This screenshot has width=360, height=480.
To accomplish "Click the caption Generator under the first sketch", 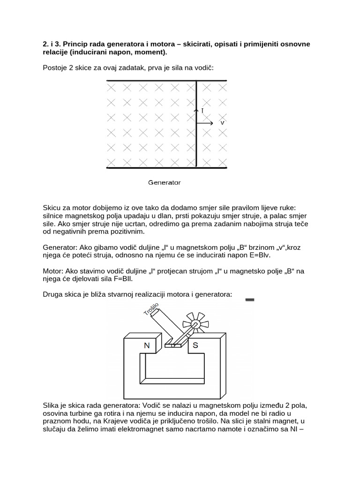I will click(164, 182).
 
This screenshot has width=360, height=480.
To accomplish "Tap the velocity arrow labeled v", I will click(206, 123).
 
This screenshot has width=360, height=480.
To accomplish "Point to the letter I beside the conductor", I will click(202, 111).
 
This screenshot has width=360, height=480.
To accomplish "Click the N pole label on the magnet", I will click(147, 346).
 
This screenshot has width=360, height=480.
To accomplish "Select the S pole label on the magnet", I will click(195, 346).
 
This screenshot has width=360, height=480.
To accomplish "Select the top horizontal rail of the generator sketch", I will click(166, 81).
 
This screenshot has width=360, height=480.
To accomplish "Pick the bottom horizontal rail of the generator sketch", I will click(166, 167).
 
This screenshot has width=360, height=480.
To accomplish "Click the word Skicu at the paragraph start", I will click(52, 207).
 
